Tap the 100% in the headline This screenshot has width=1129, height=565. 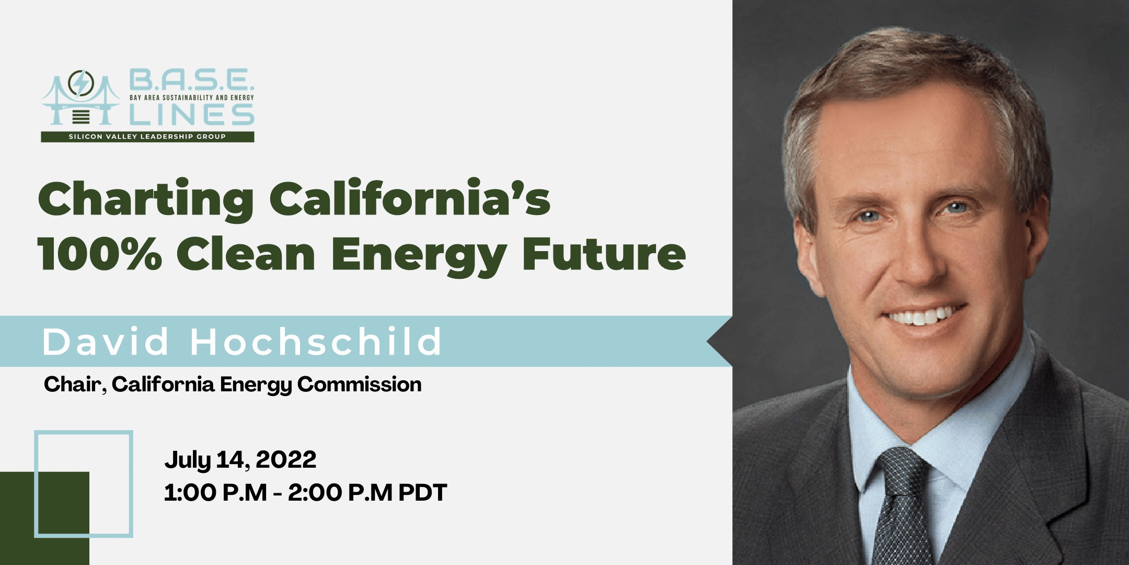(x=99, y=255)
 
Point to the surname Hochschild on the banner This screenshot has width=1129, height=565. (x=316, y=342)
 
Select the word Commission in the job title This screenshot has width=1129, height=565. (x=359, y=385)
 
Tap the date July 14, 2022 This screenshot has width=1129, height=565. (x=240, y=460)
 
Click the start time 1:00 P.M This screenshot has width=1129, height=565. (x=215, y=493)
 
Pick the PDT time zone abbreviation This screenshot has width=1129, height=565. (x=422, y=493)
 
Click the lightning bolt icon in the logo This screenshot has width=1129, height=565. (x=81, y=84)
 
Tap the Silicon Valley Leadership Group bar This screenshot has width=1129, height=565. (x=147, y=137)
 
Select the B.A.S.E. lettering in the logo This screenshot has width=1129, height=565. (x=191, y=80)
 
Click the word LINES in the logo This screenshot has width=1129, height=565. (x=191, y=115)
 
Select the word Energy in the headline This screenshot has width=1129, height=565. (x=418, y=255)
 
